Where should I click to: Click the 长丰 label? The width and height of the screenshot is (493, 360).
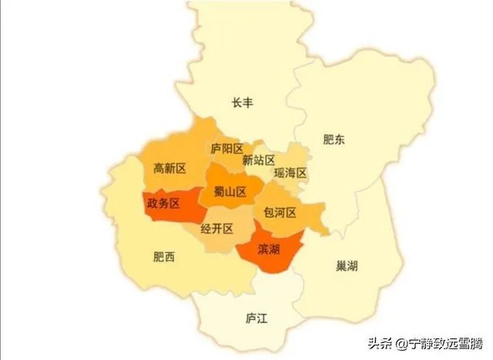click(243, 103)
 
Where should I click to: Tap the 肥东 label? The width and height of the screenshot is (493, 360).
click(334, 140)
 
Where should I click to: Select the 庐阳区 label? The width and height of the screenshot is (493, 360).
click(227, 149)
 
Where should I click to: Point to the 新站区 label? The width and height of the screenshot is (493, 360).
click(258, 160)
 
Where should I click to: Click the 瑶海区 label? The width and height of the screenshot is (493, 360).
click(290, 174)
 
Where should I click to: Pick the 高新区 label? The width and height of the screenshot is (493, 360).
click(169, 168)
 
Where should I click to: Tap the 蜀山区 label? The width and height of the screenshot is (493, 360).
click(230, 192)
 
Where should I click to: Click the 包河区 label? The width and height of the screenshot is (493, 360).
click(280, 211)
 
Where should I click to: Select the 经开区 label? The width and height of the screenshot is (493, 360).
click(216, 229)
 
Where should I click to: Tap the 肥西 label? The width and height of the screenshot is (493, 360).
click(164, 257)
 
